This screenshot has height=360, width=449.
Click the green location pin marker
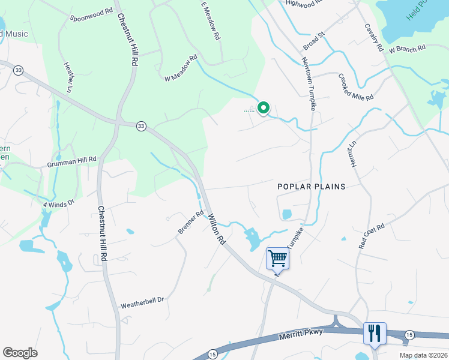tap(263, 108)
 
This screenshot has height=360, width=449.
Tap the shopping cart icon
tap(277, 259)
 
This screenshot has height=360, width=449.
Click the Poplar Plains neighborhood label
tap(312, 187)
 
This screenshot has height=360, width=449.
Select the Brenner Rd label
tap(191, 222)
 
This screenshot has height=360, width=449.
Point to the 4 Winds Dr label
tap(58, 203)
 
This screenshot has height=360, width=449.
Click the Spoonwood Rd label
tap(91, 11)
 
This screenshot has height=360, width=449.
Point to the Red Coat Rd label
tap(372, 236)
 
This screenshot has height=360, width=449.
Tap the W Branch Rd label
tap(407, 49)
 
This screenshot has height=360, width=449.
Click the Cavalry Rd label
tap(373, 37)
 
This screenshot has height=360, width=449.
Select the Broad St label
tap(313, 41)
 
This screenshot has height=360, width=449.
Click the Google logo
tap(20, 353)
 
